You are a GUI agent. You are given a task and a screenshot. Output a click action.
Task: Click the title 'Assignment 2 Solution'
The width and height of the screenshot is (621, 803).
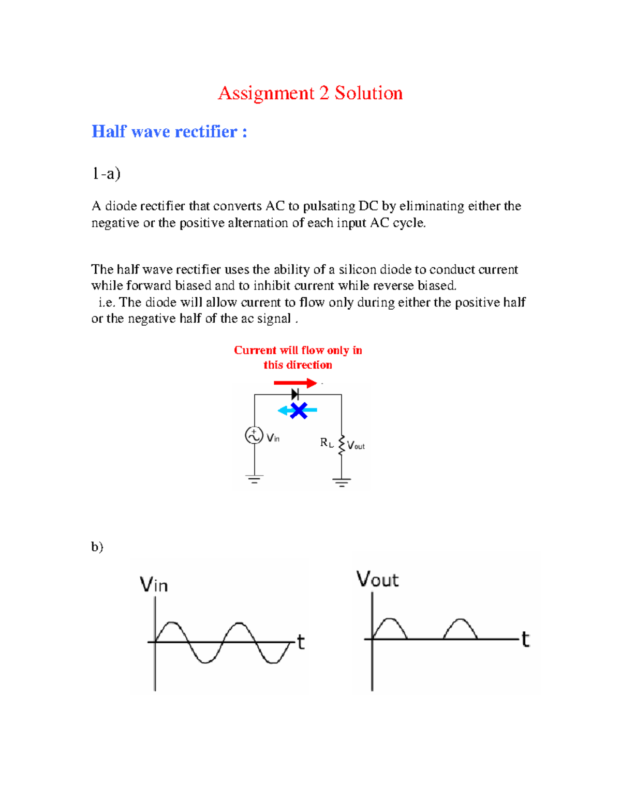[x=310, y=93]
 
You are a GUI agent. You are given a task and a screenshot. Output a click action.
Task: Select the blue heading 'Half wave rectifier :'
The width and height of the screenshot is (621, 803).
[x=169, y=131]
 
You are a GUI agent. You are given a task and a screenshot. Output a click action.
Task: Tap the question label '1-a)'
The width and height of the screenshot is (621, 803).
[x=106, y=173]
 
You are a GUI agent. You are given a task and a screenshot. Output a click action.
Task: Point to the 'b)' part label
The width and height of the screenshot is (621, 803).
[x=97, y=547]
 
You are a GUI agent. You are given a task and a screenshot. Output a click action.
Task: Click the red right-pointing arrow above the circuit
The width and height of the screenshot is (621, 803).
[x=295, y=383]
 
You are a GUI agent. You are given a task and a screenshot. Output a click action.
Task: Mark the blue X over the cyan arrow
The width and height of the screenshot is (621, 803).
[x=299, y=411]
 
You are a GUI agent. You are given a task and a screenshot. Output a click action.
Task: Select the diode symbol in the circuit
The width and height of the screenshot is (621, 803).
[x=295, y=395]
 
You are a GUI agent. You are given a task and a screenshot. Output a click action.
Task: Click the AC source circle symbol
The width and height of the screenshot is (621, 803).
[x=254, y=435]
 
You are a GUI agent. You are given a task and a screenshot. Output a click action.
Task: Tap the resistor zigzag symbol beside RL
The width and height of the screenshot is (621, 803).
[x=342, y=445]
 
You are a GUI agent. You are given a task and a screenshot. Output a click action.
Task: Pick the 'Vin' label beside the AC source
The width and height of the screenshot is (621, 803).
[x=273, y=438]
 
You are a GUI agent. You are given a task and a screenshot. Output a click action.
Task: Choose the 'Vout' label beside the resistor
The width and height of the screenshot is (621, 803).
[x=356, y=446]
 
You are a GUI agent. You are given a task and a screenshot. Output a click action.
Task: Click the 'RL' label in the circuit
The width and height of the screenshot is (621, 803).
[x=327, y=443]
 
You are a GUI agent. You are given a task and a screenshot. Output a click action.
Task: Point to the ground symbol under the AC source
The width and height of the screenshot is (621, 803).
[x=254, y=479]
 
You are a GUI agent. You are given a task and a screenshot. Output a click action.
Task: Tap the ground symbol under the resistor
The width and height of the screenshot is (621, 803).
[x=342, y=483]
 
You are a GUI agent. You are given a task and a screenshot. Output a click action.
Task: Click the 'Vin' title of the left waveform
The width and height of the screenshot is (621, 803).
[x=154, y=585]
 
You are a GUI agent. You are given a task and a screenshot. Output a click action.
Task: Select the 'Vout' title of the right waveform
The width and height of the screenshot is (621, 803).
[x=377, y=580]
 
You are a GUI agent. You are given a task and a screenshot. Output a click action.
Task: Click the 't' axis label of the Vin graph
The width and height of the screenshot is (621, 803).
[x=301, y=642]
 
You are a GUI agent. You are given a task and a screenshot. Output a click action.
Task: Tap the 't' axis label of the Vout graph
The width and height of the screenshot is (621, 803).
[x=525, y=640]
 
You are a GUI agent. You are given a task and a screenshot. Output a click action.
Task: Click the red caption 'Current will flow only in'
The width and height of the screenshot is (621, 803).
[x=298, y=351]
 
